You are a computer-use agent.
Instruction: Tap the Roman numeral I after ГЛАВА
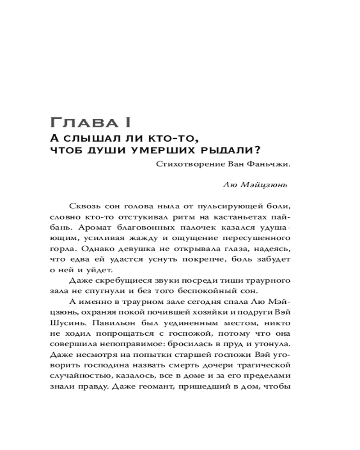[128, 122]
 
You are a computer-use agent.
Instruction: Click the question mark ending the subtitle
[259, 149]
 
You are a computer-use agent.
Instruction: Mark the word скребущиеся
[117, 281]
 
